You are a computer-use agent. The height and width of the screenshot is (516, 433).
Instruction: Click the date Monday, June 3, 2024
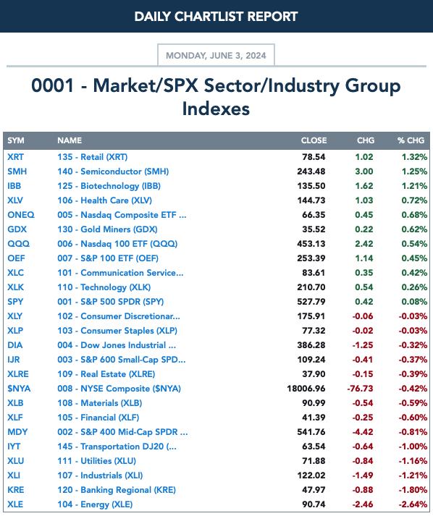216,55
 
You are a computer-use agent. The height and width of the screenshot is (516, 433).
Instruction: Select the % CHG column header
411,140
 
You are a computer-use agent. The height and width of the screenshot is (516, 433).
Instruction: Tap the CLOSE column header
314,140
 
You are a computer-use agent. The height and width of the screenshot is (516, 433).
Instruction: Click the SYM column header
16,140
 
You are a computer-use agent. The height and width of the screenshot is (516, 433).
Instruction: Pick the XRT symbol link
15,157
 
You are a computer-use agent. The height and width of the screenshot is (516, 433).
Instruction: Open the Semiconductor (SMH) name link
113,172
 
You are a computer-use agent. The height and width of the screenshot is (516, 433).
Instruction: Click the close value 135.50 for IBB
311,186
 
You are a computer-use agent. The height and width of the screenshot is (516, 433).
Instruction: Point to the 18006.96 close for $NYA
306,389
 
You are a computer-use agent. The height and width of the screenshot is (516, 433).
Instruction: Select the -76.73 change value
360,389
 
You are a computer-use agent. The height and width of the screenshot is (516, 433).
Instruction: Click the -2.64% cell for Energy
413,504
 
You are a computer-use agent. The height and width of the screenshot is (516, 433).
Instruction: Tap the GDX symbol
17,229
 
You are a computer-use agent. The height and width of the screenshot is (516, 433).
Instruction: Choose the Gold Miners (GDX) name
107,229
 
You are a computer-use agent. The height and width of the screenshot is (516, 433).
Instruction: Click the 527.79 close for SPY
311,302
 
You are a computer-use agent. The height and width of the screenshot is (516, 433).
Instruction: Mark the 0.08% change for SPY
414,302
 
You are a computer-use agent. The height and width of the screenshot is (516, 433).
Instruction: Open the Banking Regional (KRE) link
117,490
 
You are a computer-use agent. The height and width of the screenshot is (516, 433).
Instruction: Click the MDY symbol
17,432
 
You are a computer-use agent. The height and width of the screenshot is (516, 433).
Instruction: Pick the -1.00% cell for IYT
413,447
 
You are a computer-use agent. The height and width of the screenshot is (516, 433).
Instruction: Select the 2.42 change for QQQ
364,244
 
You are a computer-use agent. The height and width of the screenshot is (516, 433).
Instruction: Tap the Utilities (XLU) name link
96,461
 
